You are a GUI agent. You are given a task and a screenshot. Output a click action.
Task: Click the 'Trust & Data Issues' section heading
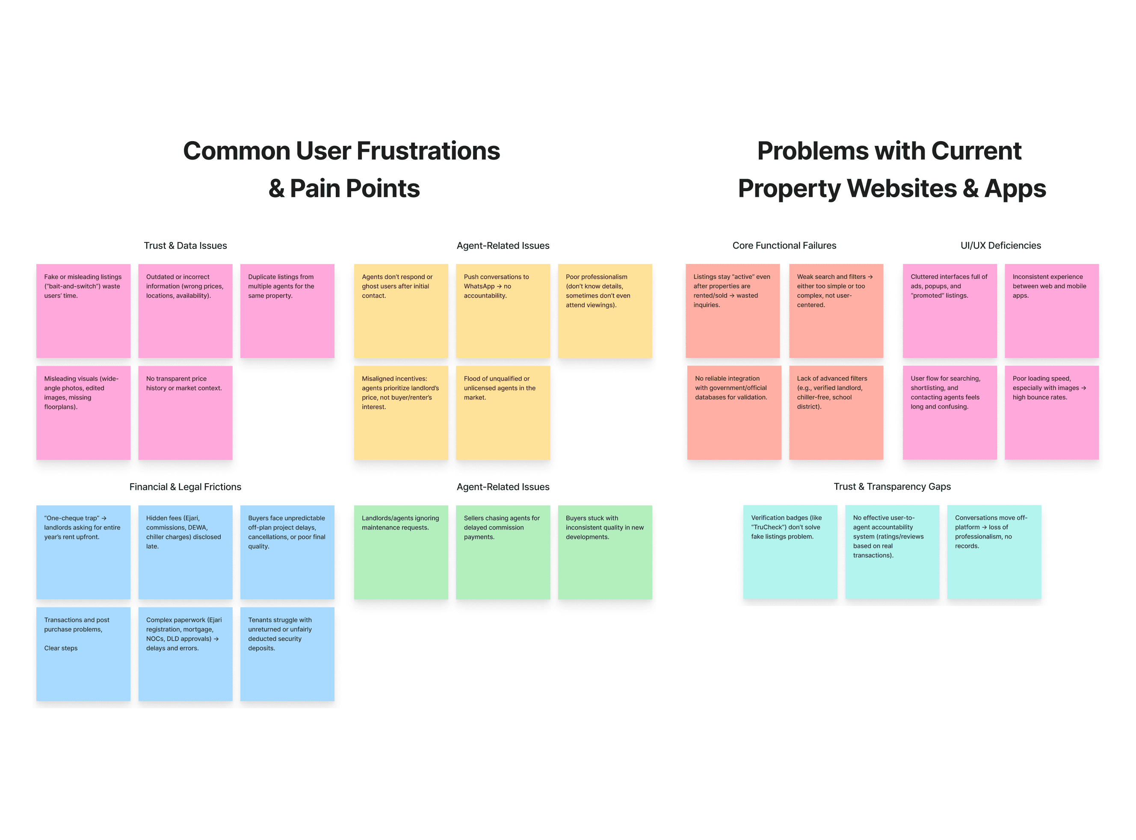(x=185, y=245)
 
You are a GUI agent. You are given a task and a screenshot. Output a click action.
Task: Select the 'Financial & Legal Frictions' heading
(x=185, y=487)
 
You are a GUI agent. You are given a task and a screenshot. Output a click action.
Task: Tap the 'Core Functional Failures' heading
(x=784, y=245)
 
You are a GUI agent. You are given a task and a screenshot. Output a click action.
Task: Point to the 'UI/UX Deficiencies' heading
(x=1000, y=245)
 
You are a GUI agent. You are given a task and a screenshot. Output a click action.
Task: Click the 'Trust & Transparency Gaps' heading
(x=892, y=487)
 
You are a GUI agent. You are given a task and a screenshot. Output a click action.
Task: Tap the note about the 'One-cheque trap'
(x=83, y=552)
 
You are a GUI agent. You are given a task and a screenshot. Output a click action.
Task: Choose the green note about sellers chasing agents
(x=503, y=552)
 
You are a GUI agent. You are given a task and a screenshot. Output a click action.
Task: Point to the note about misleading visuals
(x=83, y=412)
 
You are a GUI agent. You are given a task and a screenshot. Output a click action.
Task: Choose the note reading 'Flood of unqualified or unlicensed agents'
(x=503, y=412)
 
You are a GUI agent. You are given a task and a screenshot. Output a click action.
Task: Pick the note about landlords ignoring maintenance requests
(x=401, y=552)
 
